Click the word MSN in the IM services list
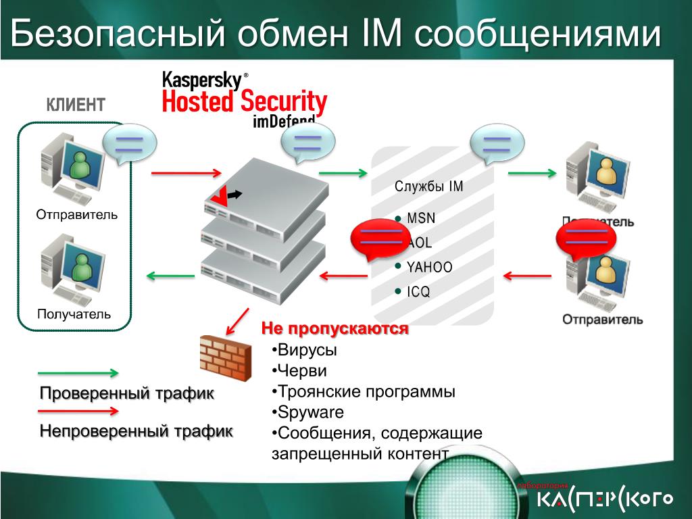coord(421,218)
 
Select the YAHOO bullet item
coord(429,267)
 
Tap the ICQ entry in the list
coord(418,292)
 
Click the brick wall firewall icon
coord(224,357)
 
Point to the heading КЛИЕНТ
coord(76,105)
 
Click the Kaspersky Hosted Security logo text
coord(244,95)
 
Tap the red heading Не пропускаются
coord(335,329)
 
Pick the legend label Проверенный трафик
coord(126,393)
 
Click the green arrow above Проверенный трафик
coord(78,372)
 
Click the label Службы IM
coord(429,187)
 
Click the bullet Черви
coord(301,371)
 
